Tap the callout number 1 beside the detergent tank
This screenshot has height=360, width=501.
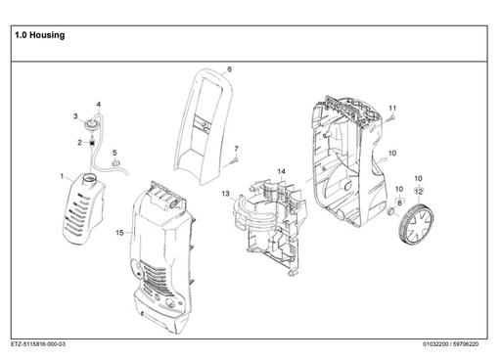pos(61,177)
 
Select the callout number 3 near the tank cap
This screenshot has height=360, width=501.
pos(75,116)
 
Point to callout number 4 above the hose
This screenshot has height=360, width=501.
pos(98,104)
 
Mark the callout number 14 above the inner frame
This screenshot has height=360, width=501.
pos(281,171)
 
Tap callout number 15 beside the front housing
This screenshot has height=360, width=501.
pos(120,233)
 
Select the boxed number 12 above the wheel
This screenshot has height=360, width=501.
pos(419,190)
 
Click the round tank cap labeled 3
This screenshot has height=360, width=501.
pos(91,123)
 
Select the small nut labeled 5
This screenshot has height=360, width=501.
pos(115,166)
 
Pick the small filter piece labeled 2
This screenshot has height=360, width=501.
pos(93,143)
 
